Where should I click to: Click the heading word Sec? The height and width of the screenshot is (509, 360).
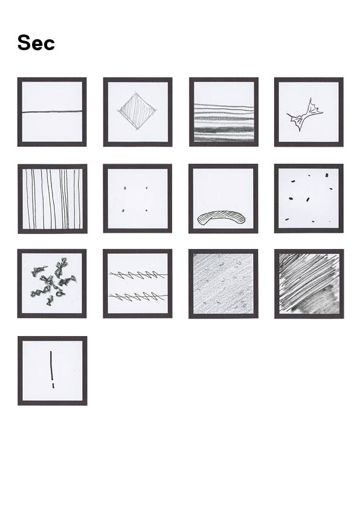36,43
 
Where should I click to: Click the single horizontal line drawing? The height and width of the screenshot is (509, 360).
52,112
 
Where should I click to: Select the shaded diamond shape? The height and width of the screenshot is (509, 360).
138,111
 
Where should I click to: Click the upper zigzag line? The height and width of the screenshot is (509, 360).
138,275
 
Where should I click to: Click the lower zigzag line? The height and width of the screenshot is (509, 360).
138,296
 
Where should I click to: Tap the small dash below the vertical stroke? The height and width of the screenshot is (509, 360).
53,386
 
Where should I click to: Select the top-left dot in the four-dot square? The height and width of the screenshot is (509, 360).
125,187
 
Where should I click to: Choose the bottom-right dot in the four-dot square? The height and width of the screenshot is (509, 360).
146,211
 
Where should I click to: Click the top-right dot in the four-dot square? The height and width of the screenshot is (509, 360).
147,187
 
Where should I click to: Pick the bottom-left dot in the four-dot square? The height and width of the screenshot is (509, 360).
123,211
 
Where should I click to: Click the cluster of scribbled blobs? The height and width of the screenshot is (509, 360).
53,281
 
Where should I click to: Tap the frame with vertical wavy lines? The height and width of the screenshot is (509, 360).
53,199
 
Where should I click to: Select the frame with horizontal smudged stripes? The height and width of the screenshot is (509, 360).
223,112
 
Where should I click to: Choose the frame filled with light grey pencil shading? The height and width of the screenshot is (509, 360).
223,284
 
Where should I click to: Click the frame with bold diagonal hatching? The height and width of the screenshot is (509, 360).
309,284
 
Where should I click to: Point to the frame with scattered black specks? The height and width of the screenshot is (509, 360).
309,198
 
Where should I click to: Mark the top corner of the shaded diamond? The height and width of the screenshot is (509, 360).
135,92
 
